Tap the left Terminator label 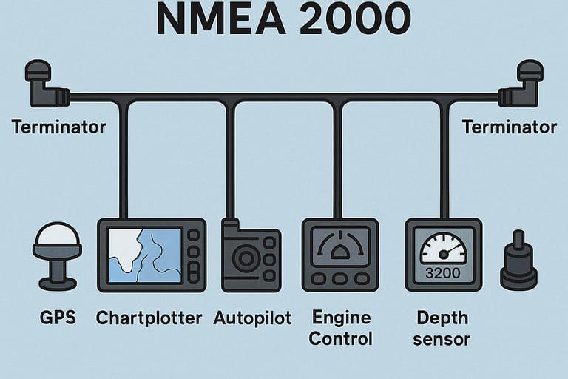(59, 127)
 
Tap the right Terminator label (509, 127)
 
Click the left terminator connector (44, 85)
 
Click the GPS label (56, 319)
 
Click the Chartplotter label (149, 319)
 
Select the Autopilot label (252, 319)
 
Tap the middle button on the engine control (340, 279)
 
